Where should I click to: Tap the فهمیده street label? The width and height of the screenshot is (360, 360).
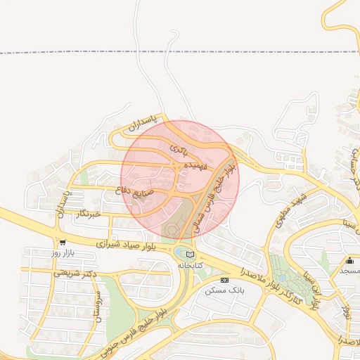195,166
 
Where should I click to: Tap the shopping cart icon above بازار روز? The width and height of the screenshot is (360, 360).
63,243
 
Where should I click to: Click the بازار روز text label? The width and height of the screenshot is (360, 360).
63,252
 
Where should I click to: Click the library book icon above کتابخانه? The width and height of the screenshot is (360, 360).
189,255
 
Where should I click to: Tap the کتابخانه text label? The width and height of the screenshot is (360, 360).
189,264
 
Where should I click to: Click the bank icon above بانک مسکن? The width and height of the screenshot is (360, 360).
224,280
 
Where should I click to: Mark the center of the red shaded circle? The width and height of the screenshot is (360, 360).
180,179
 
